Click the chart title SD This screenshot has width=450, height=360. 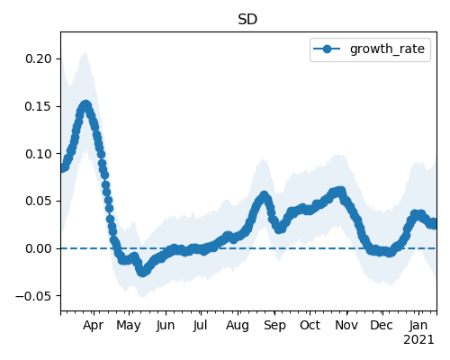(247, 20)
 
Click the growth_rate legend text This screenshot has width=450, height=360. (387, 49)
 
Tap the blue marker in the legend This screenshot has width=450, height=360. (327, 49)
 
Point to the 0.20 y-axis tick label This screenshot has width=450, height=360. (39, 58)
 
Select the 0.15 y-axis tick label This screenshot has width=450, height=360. (38, 106)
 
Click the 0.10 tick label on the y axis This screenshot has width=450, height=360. (39, 154)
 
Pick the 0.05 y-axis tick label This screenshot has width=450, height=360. (39, 201)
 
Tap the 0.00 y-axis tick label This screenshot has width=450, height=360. (39, 248)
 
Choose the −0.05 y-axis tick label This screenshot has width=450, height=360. (33, 296)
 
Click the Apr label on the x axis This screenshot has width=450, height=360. (94, 326)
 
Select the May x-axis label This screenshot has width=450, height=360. (129, 326)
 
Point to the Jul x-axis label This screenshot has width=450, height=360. (200, 326)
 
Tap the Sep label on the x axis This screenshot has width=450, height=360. (274, 326)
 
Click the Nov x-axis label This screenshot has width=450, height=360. (346, 326)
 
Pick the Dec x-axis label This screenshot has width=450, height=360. (382, 326)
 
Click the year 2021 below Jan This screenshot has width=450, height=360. (418, 340)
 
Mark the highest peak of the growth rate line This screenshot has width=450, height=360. (86, 105)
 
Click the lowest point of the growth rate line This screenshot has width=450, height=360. (142, 272)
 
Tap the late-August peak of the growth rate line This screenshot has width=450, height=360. (264, 196)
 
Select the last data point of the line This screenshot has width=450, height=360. (434, 224)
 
